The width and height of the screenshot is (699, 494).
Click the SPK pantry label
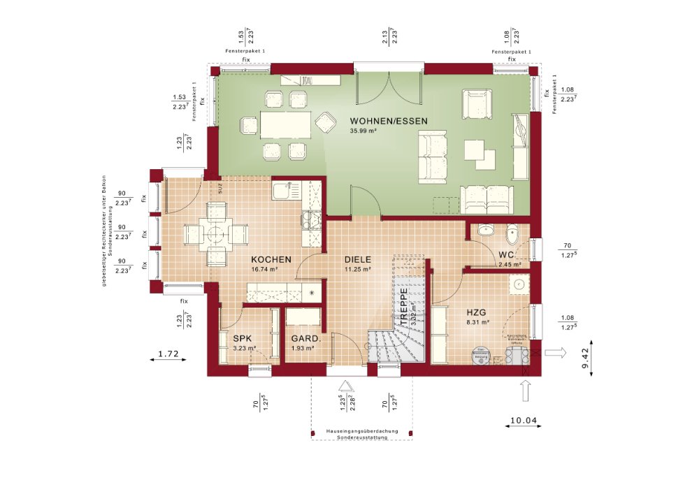(242, 338)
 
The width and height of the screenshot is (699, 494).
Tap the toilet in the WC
(512, 232)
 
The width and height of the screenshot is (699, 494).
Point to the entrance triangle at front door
(345, 385)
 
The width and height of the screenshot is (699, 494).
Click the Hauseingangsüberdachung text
(361, 431)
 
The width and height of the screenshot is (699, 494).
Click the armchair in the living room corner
(475, 104)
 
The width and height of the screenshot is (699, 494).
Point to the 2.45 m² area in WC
(510, 265)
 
